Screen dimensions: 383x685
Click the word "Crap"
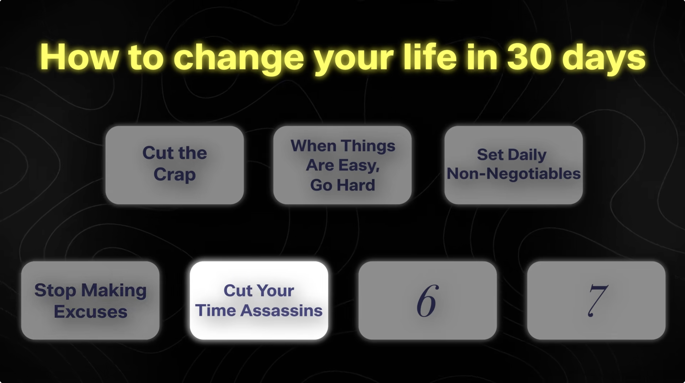174,174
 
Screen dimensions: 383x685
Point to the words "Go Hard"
342,185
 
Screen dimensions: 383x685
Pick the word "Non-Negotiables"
513,174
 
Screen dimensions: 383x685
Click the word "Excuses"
90,312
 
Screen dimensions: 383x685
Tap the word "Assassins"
281,310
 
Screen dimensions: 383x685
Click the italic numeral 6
427,301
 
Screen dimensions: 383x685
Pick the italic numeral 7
597,301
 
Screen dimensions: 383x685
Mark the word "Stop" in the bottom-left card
55,290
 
